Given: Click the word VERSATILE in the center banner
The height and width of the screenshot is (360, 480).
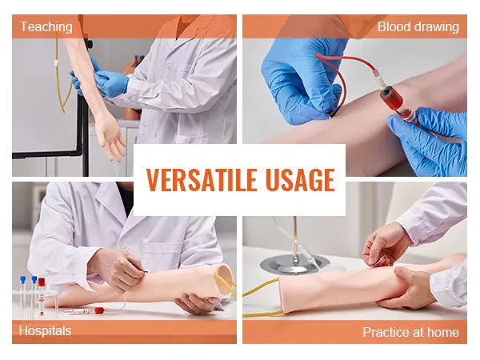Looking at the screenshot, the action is coord(201,180).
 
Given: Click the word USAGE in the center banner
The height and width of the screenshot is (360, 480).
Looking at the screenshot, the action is coord(300,180).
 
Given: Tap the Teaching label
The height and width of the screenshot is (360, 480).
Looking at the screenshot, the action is coord(46,26).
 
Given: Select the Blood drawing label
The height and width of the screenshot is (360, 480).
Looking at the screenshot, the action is coord(418,26).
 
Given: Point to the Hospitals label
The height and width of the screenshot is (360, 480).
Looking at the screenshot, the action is coord(45,331).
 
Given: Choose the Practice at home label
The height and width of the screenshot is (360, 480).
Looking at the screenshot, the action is coord(411,332).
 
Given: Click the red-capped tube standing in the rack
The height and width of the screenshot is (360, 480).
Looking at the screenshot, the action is coord(42,296).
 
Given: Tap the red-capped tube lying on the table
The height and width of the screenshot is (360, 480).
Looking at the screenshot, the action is coord(82,311).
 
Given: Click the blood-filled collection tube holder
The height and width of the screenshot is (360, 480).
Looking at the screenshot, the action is coord(395,99).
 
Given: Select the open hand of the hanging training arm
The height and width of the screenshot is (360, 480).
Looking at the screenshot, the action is coord(110,136).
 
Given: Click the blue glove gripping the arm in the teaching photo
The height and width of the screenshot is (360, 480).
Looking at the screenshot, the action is coord(111,82).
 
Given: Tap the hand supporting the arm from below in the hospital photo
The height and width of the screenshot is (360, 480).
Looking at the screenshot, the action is coord(196,302).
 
